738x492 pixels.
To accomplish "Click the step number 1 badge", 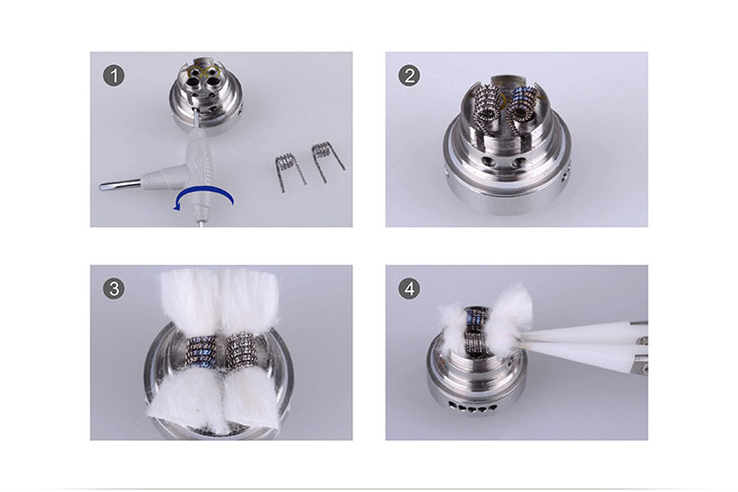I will (x=117, y=76).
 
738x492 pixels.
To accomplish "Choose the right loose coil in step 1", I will (x=321, y=158).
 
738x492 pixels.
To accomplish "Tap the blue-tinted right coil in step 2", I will (x=522, y=101).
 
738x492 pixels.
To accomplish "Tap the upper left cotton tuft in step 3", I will (x=187, y=300).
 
